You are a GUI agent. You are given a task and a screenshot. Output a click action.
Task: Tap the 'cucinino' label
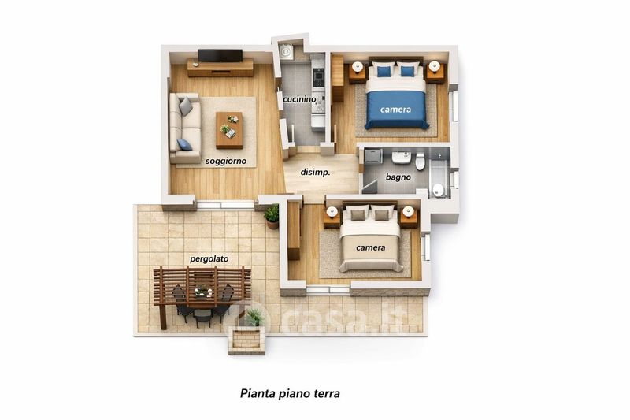[299, 99]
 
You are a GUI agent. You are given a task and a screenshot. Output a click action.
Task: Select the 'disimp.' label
[316, 173]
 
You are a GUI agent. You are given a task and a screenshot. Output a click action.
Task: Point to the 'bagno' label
[398, 177]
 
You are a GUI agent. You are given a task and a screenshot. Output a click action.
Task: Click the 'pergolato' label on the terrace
[209, 259]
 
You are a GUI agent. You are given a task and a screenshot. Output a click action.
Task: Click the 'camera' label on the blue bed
[396, 110]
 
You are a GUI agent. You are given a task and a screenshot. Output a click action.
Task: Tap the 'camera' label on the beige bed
[371, 247]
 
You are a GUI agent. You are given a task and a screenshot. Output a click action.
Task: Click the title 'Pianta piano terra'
[290, 393]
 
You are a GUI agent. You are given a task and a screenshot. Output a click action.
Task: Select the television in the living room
[220, 55]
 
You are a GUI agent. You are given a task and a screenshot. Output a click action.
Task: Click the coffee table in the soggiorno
[229, 130]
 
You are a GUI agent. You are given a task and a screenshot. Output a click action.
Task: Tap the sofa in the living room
[185, 128]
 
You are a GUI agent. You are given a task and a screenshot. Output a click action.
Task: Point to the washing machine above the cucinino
[287, 52]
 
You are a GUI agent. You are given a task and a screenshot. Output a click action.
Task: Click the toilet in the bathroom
[421, 162]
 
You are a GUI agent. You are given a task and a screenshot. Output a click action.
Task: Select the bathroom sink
[401, 158]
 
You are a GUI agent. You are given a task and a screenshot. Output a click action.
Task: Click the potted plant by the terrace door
[272, 216]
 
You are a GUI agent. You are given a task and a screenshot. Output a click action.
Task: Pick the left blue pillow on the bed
[384, 72]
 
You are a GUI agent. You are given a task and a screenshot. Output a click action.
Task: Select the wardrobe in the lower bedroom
[294, 230]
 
